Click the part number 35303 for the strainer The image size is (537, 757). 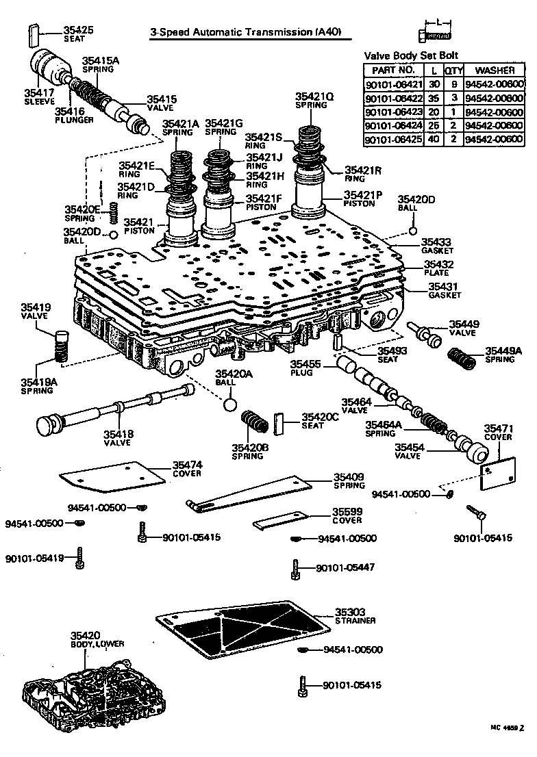350,612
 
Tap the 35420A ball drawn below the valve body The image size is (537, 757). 232,404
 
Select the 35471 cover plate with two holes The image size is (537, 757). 498,474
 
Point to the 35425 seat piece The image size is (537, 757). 32,36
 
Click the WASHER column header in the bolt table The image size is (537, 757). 494,70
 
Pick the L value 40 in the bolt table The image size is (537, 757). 434,139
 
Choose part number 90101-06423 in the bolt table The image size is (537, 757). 394,112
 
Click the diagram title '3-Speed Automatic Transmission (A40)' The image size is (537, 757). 245,32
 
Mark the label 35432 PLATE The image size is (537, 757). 438,268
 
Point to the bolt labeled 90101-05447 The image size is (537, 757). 295,569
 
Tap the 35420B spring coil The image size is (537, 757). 255,422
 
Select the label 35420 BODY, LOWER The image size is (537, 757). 97,639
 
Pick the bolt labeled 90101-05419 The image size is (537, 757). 80,558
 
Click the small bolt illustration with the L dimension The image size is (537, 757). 434,35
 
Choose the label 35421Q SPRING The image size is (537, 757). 314,101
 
